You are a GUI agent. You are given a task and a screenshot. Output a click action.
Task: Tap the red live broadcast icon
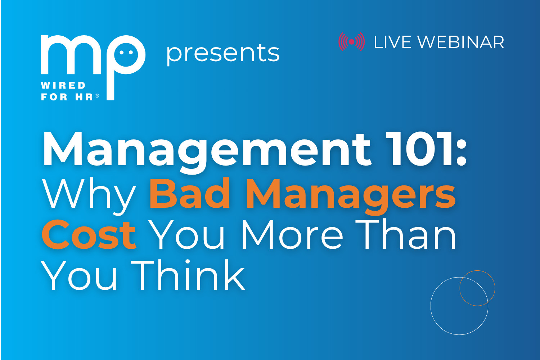click(x=351, y=42)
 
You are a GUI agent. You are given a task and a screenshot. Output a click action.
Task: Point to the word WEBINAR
click(x=461, y=42)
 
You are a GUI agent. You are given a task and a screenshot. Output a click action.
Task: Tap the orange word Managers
click(x=351, y=196)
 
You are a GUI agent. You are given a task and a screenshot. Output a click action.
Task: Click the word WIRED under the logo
click(x=63, y=85)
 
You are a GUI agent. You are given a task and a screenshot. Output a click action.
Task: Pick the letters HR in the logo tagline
click(x=84, y=97)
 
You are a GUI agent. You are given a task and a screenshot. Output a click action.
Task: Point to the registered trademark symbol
click(x=96, y=95)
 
